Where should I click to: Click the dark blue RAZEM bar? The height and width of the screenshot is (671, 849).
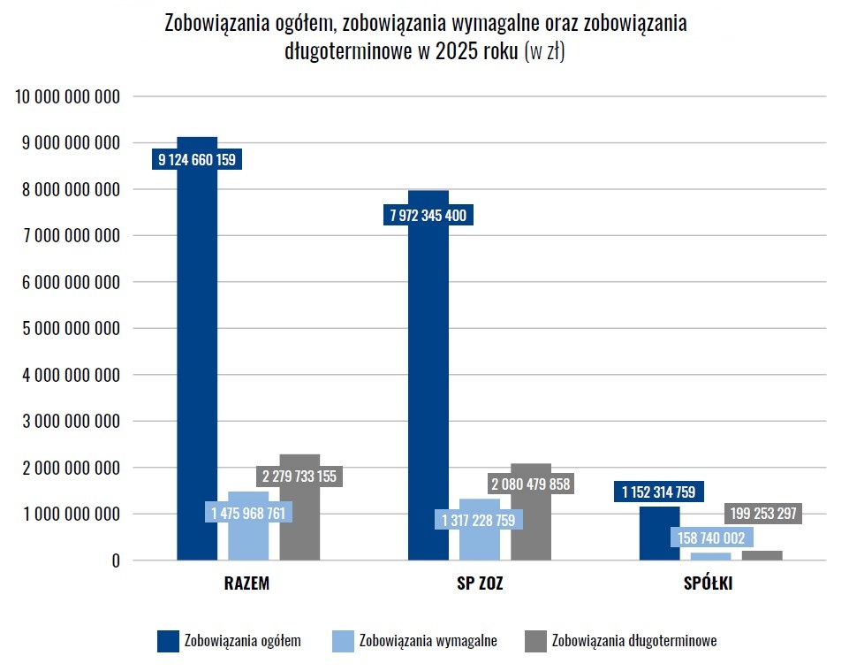pos(197,371)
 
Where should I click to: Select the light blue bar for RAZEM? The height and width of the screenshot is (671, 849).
pos(248,539)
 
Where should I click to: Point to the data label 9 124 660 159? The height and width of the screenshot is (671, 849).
pos(197,160)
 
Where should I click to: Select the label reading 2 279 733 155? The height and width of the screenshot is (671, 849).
pos(299,476)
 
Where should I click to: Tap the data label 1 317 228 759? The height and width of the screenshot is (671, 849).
pos(478,520)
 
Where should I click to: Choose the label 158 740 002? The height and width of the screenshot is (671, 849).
pos(710,538)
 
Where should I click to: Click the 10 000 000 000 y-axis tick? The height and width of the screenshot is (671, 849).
pos(67,96)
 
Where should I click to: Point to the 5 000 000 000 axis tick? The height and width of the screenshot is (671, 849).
pos(67,328)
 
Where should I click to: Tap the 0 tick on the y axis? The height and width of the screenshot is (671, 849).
pos(115,560)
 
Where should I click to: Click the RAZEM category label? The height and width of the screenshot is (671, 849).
pos(246,584)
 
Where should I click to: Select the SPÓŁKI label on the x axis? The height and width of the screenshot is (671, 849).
pos(709,584)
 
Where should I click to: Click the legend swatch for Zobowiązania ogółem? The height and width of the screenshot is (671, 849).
pos(168,641)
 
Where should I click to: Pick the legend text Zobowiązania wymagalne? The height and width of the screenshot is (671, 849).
pos(428,641)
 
